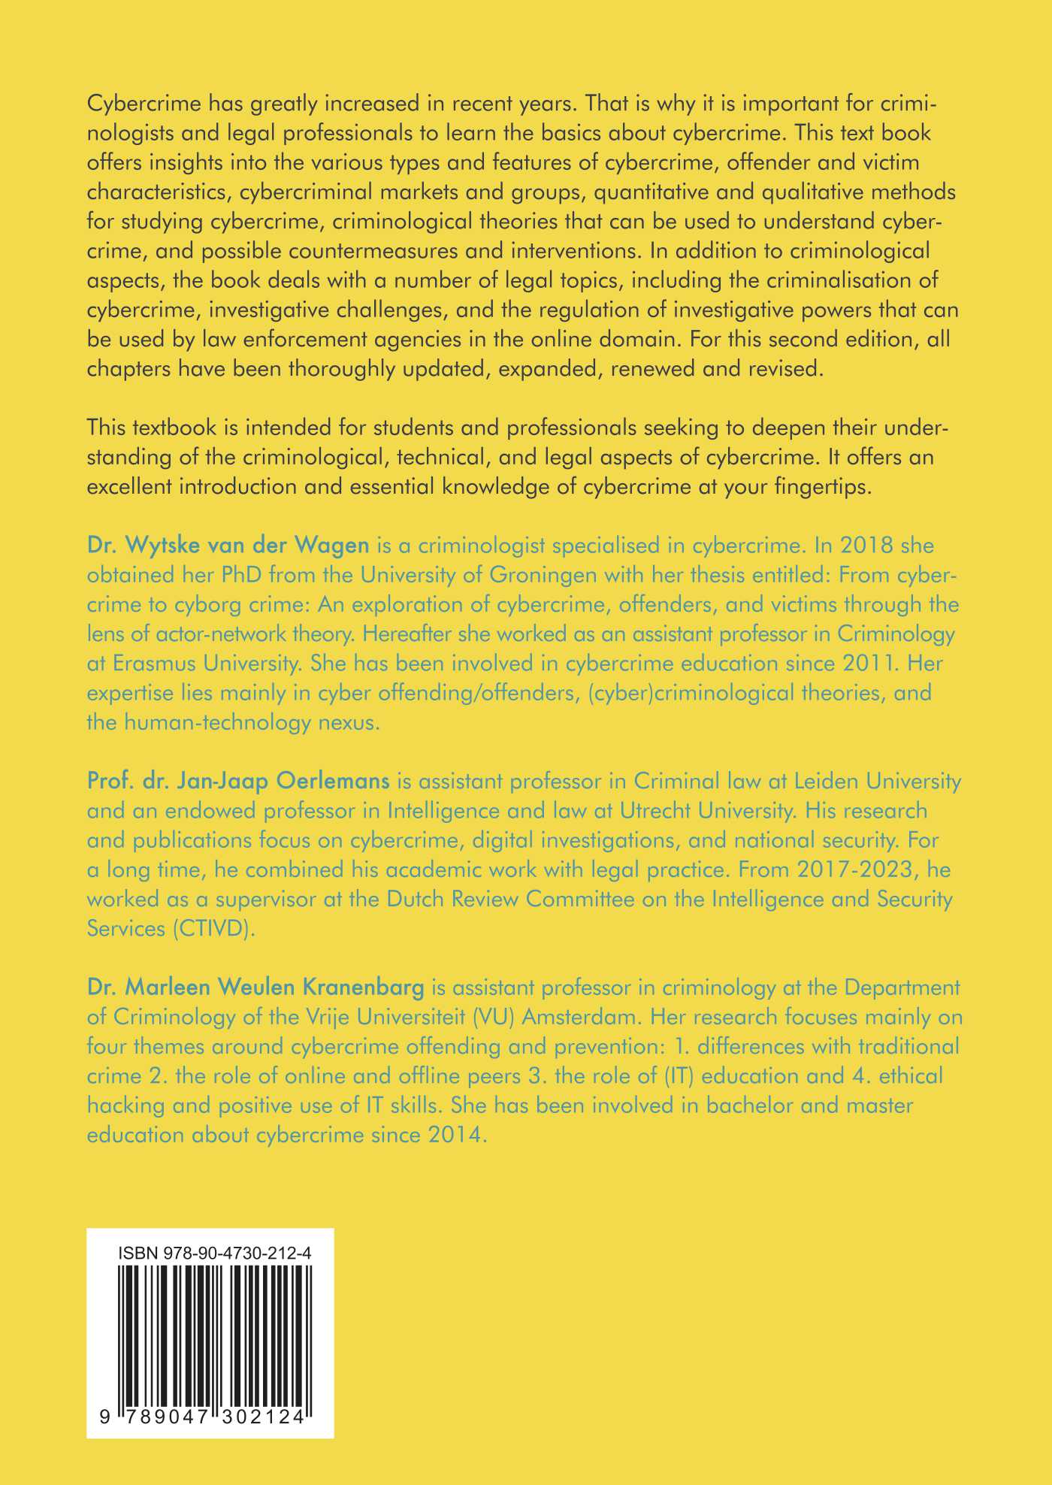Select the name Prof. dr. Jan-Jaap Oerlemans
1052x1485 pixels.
click(238, 781)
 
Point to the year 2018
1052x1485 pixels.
click(864, 544)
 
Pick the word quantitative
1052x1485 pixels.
click(661, 192)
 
